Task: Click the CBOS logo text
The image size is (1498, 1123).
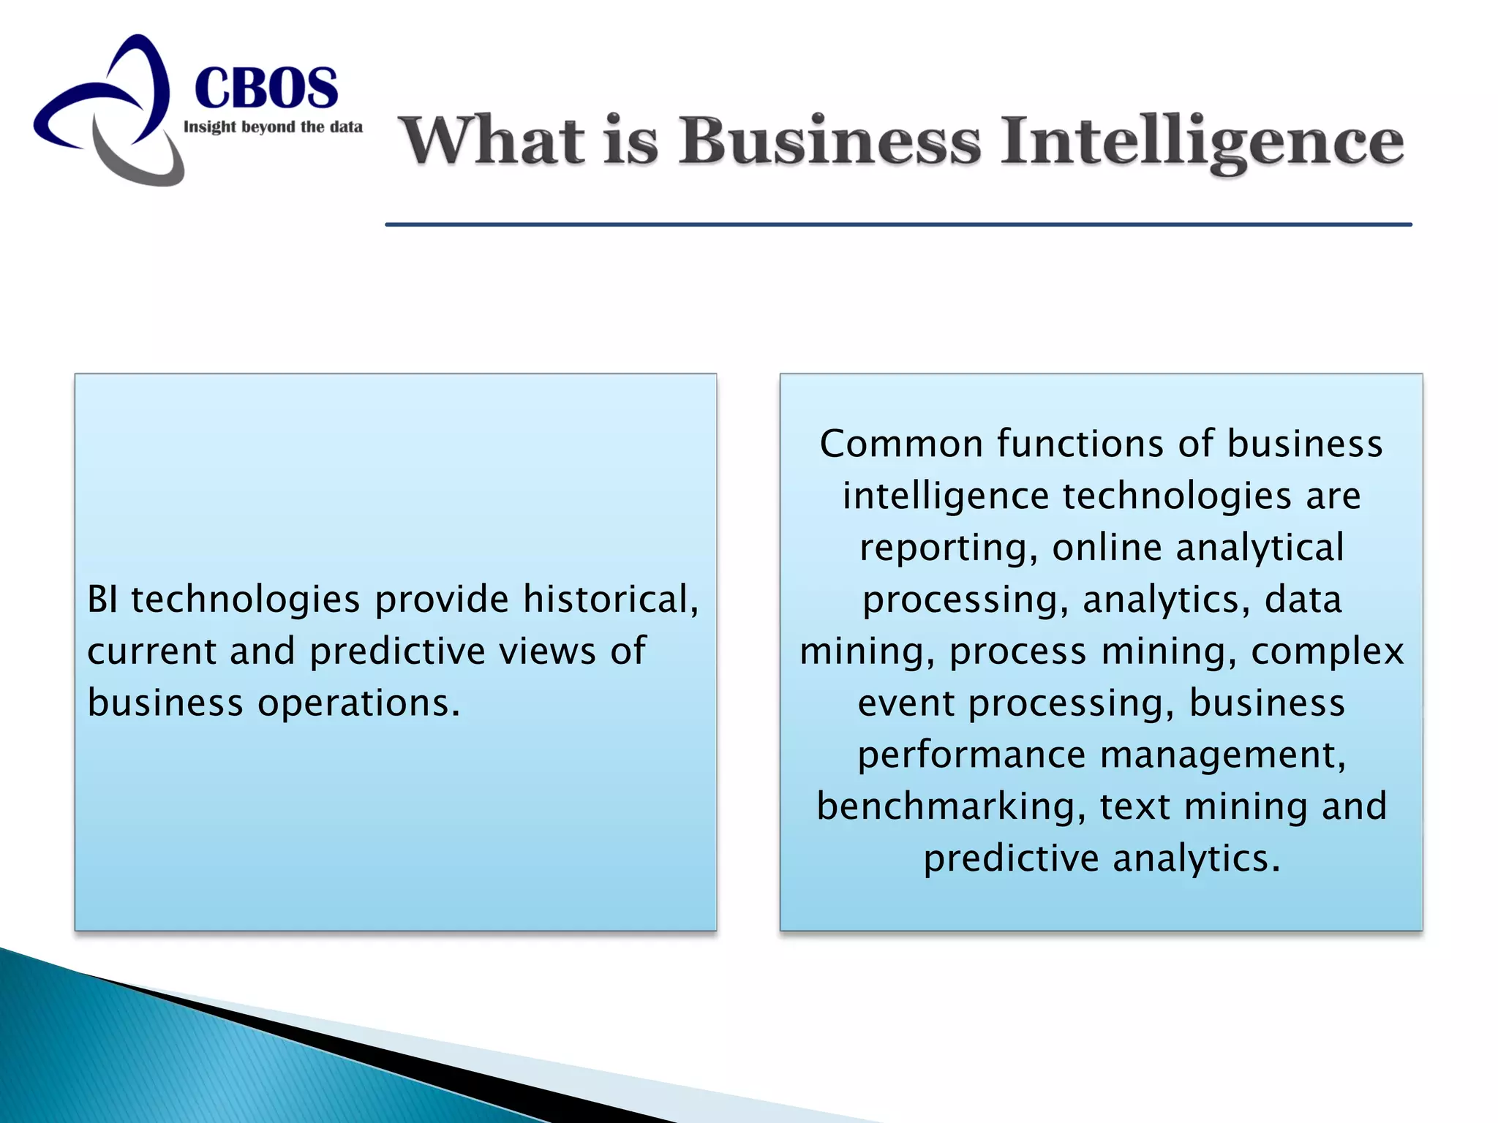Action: click(266, 88)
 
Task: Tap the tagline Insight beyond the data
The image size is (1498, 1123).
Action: click(273, 127)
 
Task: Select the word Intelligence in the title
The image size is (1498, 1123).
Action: click(1202, 142)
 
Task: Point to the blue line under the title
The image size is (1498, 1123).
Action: click(898, 224)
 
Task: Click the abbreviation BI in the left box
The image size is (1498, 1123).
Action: click(102, 600)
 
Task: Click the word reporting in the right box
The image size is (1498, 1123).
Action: click(948, 548)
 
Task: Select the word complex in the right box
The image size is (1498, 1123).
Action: click(1327, 651)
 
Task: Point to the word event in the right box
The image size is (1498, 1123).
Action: click(906, 703)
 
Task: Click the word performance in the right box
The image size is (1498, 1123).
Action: click(971, 755)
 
